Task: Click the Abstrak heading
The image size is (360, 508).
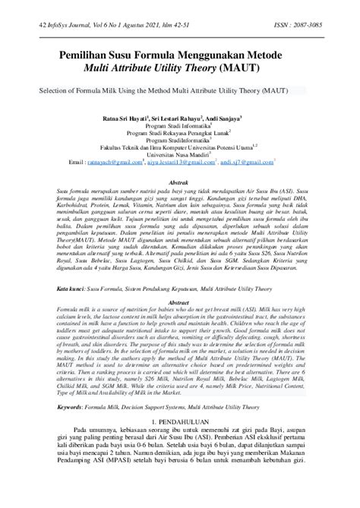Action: click(178, 184)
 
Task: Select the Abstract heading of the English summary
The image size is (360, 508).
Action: click(178, 301)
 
